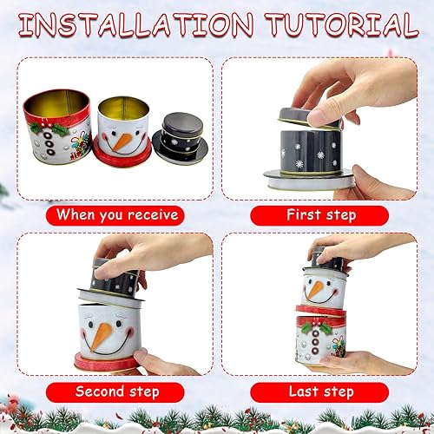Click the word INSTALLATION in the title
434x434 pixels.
tap(136, 24)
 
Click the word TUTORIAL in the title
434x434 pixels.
tap(342, 24)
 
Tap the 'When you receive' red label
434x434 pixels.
tap(115, 215)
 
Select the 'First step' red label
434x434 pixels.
tap(319, 215)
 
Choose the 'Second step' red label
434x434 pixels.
tap(115, 392)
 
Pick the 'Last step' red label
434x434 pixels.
tap(319, 392)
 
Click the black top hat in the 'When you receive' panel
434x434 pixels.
tap(181, 138)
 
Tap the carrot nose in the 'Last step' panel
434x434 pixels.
tap(314, 290)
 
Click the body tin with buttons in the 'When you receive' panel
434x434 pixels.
tap(57, 127)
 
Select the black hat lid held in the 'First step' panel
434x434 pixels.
tap(310, 118)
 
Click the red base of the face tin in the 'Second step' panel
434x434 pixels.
tap(106, 361)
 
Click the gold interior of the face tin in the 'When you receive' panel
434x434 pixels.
tap(124, 107)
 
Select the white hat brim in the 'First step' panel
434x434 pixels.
tap(309, 180)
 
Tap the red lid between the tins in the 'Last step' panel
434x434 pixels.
tap(320, 310)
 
